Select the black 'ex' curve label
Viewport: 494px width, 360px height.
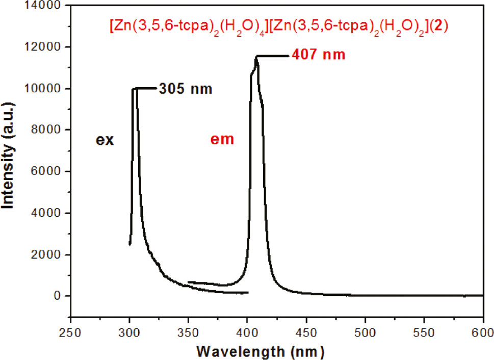pos(106,140)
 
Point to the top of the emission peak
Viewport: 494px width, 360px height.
pos(257,57)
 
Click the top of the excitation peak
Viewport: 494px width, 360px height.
pos(134,89)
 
